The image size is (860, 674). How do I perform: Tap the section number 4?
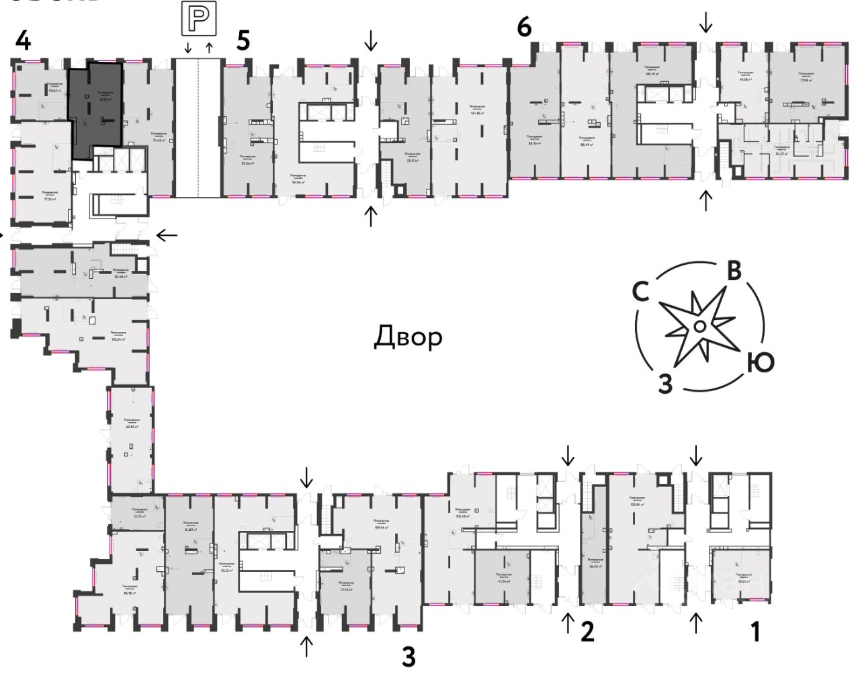point(23,42)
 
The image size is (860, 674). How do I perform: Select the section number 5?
point(243,40)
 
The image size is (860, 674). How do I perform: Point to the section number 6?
point(524,28)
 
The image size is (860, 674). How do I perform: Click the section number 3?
point(408,657)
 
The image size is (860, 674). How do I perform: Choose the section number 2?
point(587,632)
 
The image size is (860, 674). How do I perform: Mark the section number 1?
point(755,632)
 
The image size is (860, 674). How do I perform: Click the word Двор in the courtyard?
point(408,336)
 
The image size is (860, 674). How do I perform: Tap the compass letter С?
point(642,292)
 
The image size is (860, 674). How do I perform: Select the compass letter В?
point(734,270)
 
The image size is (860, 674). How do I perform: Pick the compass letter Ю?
point(760,364)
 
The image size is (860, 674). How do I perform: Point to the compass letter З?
point(664,384)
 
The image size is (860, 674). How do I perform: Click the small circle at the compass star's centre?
point(699,327)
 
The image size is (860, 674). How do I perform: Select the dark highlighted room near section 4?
point(96,108)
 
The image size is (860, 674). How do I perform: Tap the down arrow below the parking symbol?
point(187,47)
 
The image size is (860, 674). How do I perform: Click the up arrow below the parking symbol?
point(209,47)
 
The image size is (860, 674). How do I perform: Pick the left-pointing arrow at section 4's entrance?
point(167,235)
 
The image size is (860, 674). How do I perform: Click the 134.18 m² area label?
point(477,113)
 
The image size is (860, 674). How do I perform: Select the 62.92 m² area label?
point(131,426)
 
